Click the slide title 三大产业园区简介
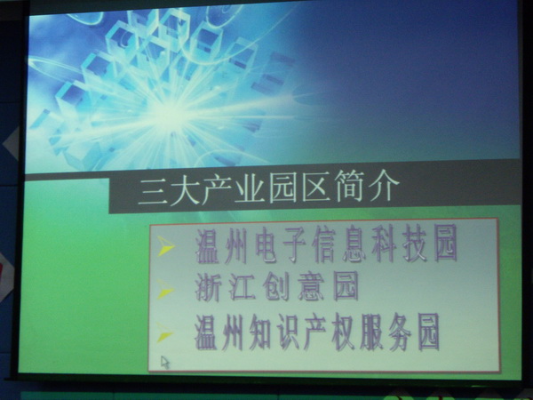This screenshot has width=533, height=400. click(268, 188)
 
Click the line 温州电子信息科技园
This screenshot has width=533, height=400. click(326, 244)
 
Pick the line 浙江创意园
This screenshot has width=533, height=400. click(276, 286)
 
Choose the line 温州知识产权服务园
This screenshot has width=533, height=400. click(317, 332)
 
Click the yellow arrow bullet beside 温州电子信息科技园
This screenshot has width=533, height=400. click(165, 246)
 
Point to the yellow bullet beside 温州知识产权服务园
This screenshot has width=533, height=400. click(164, 332)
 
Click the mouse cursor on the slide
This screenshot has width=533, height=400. click(165, 363)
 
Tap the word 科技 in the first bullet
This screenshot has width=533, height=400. click(399, 244)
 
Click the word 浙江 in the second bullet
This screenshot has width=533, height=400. click(225, 287)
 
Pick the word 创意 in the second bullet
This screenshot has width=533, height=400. click(293, 286)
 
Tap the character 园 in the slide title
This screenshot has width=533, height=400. click(282, 188)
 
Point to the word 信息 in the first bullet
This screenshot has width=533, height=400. click(339, 244)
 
